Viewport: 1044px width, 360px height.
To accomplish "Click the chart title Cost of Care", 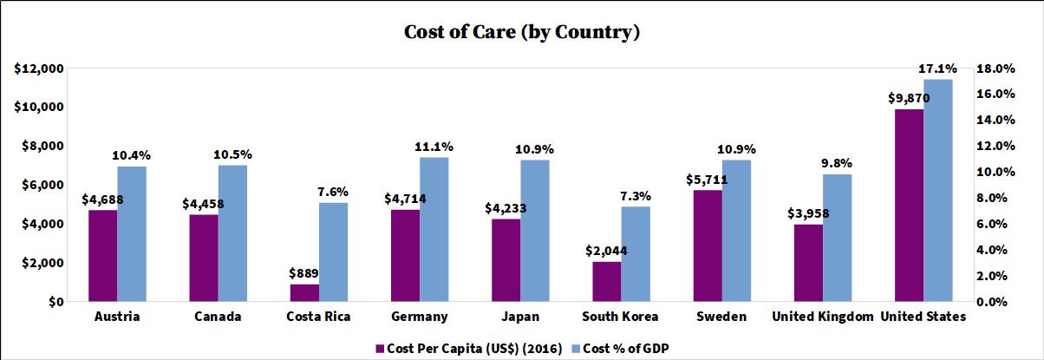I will pyautogui.click(x=522, y=33).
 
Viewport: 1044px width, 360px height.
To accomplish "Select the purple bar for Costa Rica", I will pyautogui.click(x=304, y=293).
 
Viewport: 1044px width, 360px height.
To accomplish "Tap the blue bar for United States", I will pyautogui.click(x=937, y=191).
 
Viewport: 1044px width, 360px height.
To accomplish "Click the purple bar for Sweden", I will pyautogui.click(x=708, y=245).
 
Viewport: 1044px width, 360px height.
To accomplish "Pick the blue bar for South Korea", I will pyautogui.click(x=636, y=254).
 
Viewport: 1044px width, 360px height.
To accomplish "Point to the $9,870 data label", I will pyautogui.click(x=908, y=98).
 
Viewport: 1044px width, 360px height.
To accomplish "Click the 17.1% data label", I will pyautogui.click(x=937, y=68).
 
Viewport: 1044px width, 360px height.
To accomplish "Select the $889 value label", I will pyautogui.click(x=304, y=272).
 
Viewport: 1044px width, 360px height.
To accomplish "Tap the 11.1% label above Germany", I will pyautogui.click(x=434, y=146).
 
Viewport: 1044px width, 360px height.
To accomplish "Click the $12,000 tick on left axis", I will pyautogui.click(x=38, y=69).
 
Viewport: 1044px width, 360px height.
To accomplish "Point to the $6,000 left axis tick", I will pyautogui.click(x=42, y=185).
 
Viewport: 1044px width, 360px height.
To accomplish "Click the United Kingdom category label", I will pyautogui.click(x=822, y=317).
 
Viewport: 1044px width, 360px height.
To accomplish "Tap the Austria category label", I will pyautogui.click(x=116, y=317).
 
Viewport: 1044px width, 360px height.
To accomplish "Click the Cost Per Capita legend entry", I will pyautogui.click(x=451, y=348).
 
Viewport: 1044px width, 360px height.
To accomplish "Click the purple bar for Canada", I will pyautogui.click(x=204, y=258).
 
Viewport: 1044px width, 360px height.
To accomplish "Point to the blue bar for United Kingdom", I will pyautogui.click(x=837, y=238).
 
